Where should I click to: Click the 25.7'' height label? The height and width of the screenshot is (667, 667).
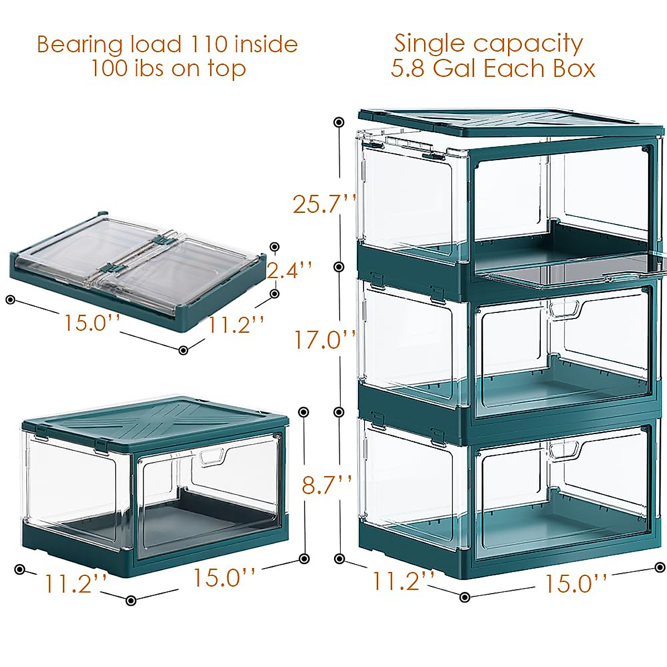coord(323,204)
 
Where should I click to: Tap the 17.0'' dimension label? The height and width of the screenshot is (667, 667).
coord(324,340)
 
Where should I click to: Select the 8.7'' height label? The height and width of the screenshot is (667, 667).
coord(326,485)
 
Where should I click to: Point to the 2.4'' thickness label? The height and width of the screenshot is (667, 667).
coord(288,271)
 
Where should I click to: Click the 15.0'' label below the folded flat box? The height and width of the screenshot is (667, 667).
coord(91,323)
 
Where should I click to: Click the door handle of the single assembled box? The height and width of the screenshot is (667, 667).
coord(211,457)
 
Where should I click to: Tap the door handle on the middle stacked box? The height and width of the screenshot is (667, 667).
coord(565,308)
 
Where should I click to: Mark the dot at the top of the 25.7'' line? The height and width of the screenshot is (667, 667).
coord(339,122)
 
